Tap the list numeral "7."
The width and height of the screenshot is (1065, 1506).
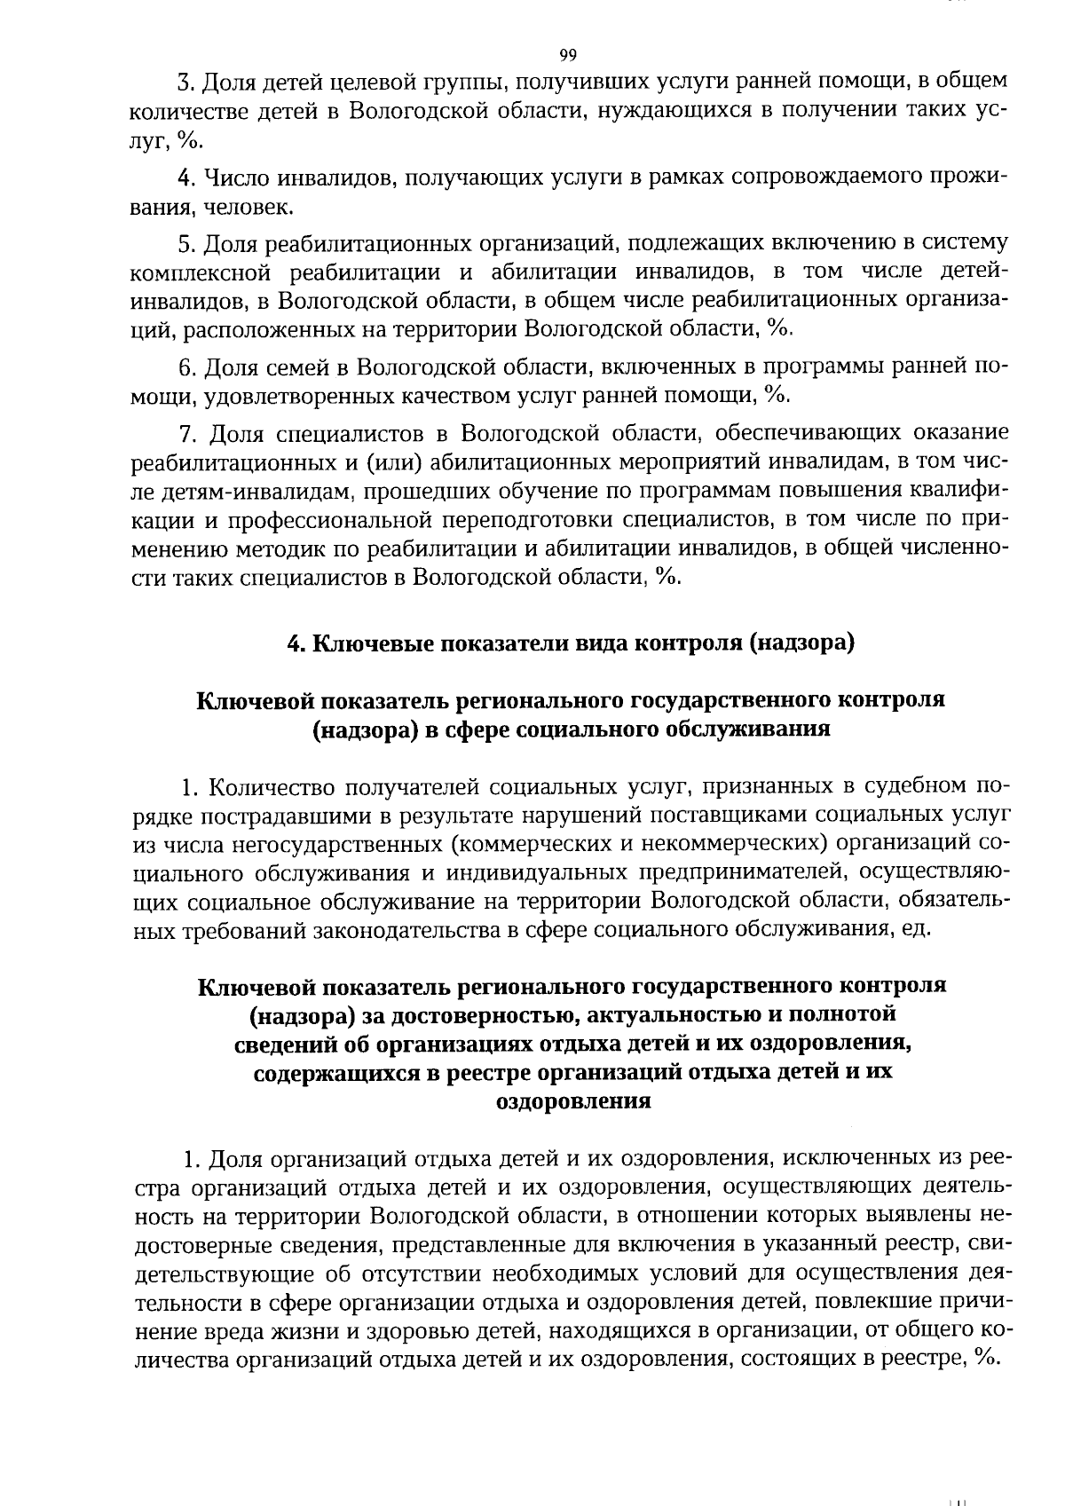pyautogui.click(x=187, y=434)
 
